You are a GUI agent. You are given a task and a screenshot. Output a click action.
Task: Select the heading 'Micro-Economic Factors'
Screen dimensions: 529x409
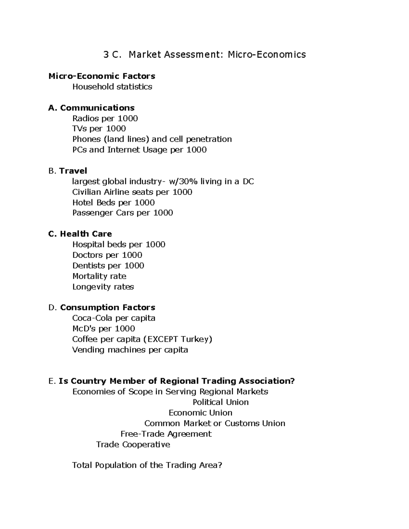(102, 76)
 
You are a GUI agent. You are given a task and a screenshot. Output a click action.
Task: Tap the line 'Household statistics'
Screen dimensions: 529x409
(112, 87)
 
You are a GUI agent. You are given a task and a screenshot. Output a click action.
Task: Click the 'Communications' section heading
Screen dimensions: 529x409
(97, 108)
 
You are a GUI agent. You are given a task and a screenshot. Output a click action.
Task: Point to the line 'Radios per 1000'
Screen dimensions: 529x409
(105, 119)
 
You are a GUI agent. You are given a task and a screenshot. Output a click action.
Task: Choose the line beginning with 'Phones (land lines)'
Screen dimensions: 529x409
(152, 139)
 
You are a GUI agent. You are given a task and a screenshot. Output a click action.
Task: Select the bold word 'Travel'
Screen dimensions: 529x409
(73, 171)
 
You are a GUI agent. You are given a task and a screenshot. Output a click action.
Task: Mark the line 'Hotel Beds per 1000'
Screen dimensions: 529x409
(113, 203)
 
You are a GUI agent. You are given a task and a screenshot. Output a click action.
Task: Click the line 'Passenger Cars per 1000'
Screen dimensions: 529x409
(122, 213)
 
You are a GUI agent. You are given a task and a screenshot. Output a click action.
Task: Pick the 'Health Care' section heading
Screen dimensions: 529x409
(86, 234)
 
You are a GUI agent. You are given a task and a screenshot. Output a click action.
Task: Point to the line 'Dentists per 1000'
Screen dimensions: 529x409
(108, 266)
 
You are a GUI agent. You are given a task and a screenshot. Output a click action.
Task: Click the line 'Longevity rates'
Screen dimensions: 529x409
(103, 287)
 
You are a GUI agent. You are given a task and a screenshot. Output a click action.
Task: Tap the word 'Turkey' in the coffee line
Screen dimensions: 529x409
(195, 339)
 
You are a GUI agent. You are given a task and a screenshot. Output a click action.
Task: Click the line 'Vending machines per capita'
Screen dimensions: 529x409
(130, 350)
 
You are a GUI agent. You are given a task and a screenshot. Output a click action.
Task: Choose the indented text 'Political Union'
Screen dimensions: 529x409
(221, 402)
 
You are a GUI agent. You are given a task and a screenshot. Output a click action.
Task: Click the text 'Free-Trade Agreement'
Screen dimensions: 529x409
(166, 434)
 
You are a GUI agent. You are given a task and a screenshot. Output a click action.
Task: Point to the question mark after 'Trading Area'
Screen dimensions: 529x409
(220, 465)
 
